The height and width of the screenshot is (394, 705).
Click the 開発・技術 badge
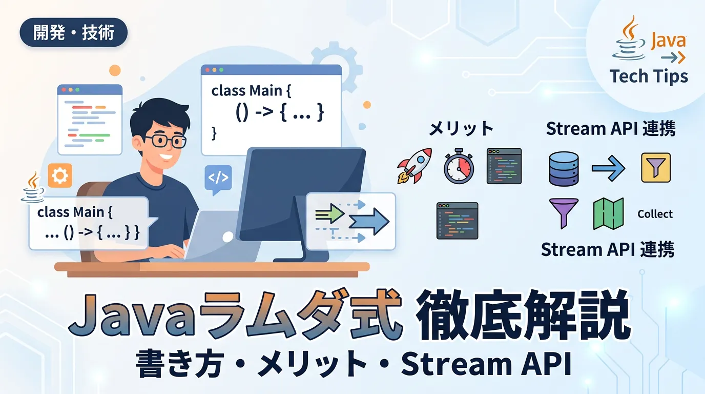coord(74,32)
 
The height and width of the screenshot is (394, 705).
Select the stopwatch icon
coord(459,166)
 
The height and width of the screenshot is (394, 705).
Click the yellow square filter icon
coord(656,168)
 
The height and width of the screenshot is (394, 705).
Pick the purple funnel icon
coord(564,213)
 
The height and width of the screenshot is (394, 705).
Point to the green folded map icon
coord(608,213)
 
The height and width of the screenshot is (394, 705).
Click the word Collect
coord(655,214)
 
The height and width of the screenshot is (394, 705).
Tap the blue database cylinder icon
coord(564,169)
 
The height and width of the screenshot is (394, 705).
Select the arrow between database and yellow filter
coord(608,168)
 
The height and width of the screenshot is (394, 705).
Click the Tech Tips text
coord(649,76)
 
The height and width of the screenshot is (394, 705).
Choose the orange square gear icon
coord(60,175)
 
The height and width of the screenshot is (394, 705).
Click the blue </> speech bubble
coord(218,180)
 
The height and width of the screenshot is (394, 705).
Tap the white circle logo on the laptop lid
coord(227,237)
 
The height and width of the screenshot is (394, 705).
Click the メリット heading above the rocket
coord(461,128)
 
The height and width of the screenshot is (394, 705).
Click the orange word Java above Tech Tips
coord(668,41)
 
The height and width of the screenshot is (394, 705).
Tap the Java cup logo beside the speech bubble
coord(33,187)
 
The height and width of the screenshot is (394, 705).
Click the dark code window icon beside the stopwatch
coord(504,166)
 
